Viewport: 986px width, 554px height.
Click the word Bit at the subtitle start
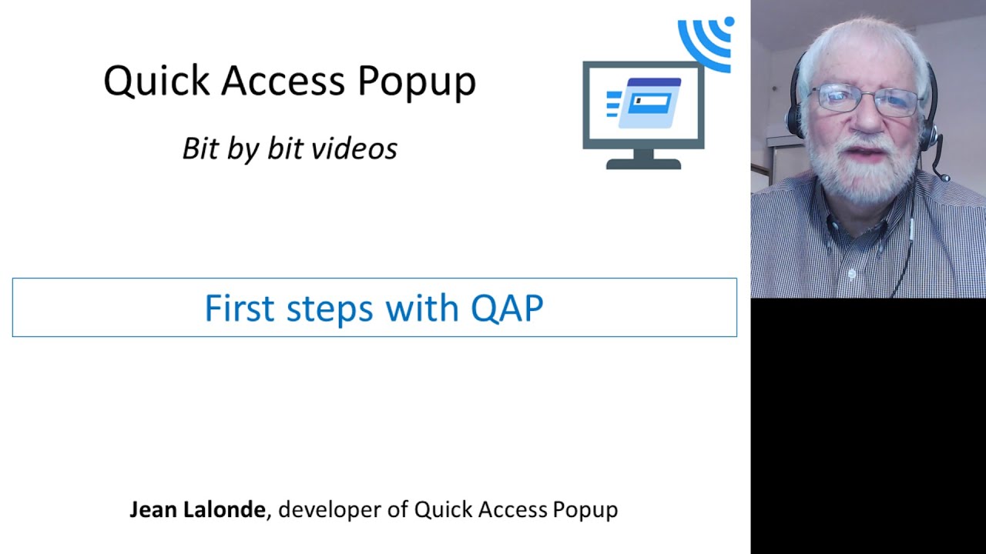click(200, 149)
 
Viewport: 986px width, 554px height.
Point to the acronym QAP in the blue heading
click(507, 309)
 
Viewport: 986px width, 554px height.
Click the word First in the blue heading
click(240, 309)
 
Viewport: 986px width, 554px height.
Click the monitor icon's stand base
click(643, 163)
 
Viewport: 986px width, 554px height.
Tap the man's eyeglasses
click(866, 100)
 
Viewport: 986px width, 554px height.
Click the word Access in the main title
click(283, 81)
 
